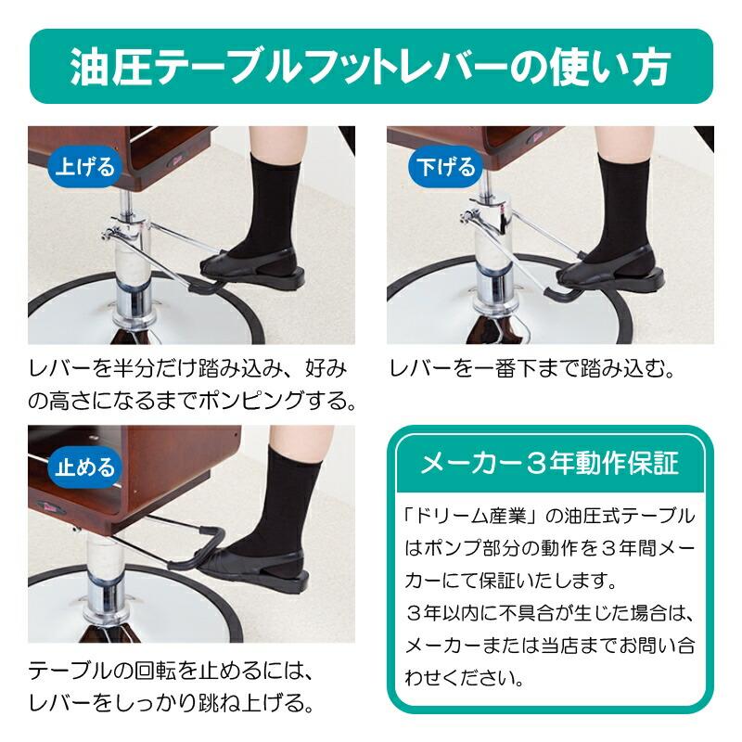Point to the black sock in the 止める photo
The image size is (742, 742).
tap(292, 501)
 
